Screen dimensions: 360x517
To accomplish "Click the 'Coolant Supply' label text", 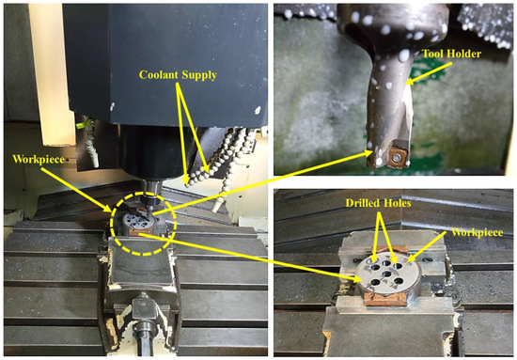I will [178, 75].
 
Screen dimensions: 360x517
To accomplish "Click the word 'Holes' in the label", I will [399, 204].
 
